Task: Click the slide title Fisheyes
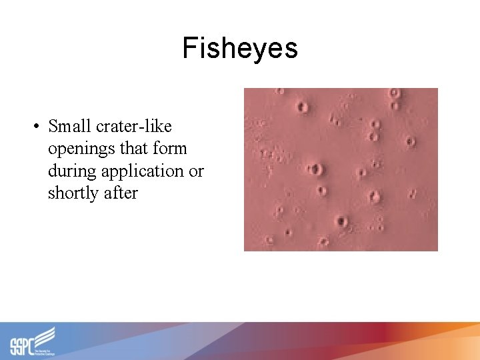coord(240,48)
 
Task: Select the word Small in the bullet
coord(70,126)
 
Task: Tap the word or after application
coord(196,171)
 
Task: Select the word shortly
coord(75,194)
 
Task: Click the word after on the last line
coord(121,193)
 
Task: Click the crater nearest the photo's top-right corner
coord(395,93)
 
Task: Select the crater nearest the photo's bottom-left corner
coord(269,240)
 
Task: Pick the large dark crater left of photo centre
coord(316,169)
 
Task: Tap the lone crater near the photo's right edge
coord(411,141)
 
